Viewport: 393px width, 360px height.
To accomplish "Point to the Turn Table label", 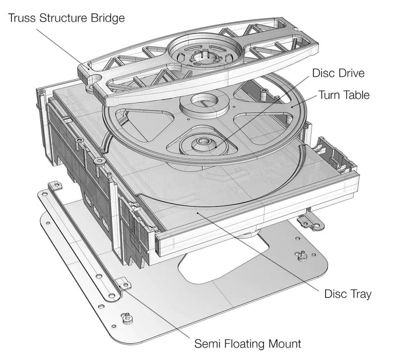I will [344, 95].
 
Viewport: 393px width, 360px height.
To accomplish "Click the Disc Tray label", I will [347, 294].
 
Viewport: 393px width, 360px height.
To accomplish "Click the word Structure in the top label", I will [65, 19].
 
